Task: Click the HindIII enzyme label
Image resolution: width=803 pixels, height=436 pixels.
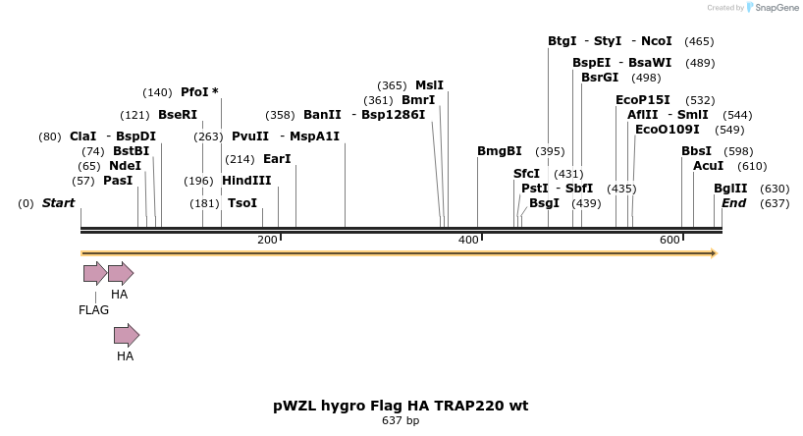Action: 246,181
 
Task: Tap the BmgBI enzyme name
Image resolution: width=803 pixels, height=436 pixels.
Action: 499,151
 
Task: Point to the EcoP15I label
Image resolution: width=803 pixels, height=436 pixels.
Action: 643,100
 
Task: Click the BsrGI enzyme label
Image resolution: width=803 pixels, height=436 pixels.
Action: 600,78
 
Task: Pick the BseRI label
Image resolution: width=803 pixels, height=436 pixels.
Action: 178,115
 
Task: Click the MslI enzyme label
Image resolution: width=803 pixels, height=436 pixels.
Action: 429,85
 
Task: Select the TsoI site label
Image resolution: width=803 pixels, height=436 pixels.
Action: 242,203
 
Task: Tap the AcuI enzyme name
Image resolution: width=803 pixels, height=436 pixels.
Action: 708,166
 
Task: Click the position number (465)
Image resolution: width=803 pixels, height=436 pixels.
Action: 699,41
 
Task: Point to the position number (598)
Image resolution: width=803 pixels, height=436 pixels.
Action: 738,151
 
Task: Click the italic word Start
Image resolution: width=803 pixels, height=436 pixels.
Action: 58,203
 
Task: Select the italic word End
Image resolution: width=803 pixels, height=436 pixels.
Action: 733,203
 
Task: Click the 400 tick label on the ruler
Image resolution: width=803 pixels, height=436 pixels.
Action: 468,241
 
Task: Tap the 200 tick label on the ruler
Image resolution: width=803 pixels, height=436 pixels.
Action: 267,241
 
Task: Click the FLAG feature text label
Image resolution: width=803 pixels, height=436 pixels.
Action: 94,310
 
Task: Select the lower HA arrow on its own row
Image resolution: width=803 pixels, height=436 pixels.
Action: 127,336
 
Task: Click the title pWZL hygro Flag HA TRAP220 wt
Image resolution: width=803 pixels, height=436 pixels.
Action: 401,406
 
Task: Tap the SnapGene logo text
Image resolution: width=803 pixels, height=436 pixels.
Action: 776,8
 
